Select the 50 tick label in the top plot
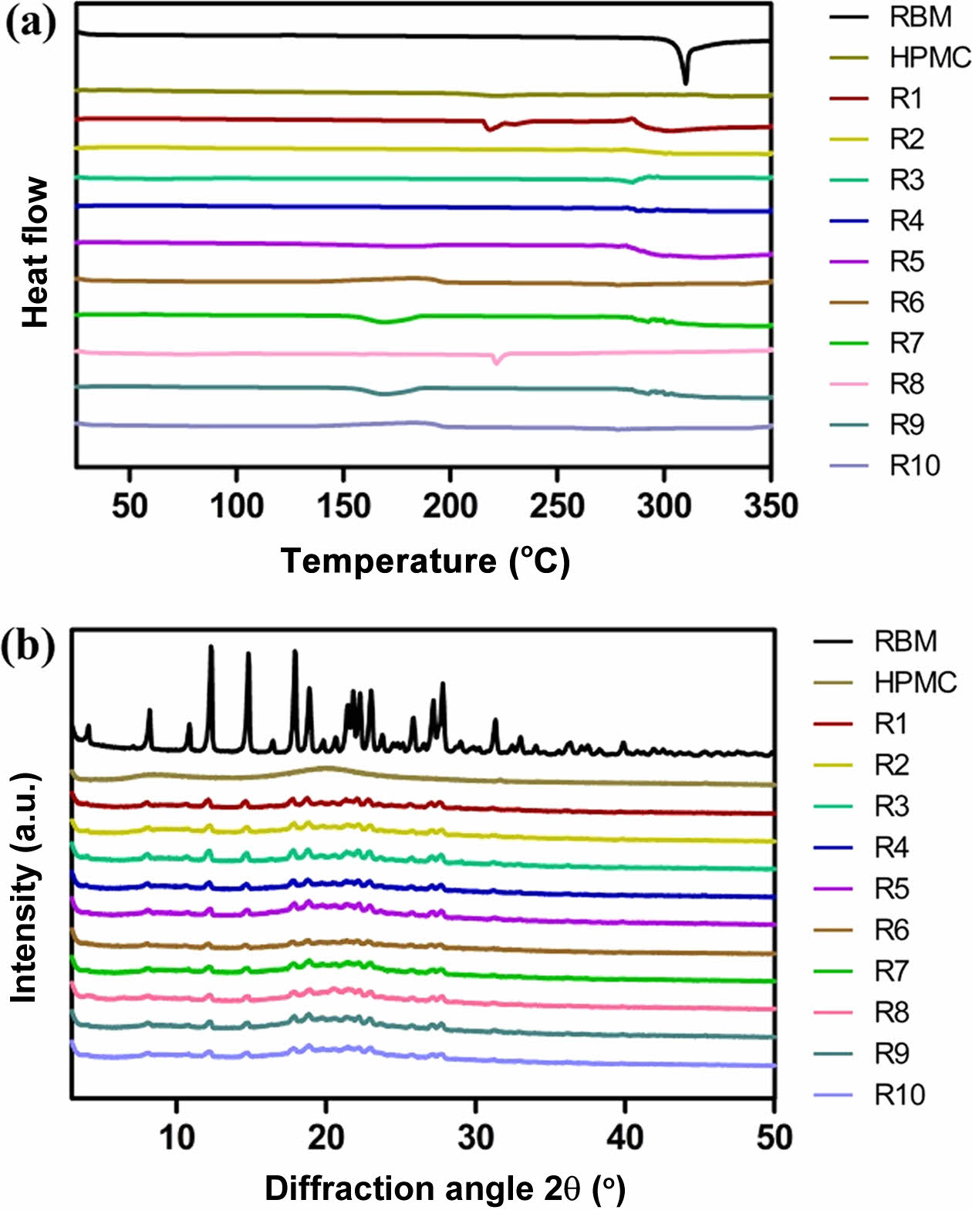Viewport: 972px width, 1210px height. [129, 506]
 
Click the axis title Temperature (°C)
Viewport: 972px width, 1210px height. [425, 561]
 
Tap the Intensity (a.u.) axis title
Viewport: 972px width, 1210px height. [25, 887]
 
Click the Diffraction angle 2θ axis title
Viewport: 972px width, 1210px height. [444, 1188]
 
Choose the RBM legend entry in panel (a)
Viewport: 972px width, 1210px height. [920, 17]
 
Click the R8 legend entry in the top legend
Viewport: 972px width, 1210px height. [906, 383]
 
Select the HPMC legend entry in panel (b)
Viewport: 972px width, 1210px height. [915, 682]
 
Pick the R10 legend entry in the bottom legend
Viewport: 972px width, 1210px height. [899, 1094]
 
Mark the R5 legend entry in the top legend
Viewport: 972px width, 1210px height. [906, 261]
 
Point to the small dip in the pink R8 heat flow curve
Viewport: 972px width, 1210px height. [496, 362]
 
